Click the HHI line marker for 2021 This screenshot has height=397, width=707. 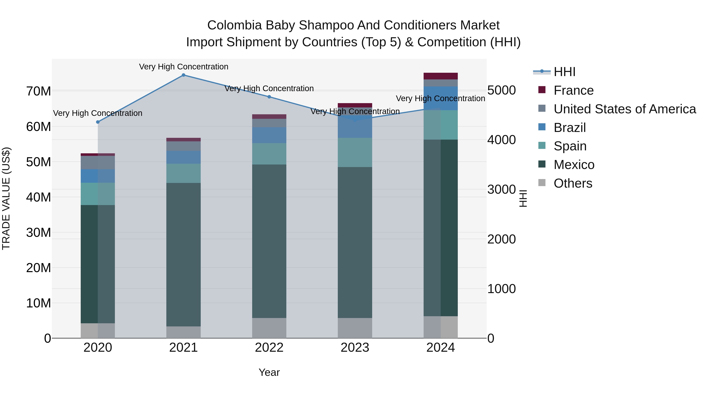coord(183,75)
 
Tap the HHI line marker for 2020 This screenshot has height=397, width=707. coord(98,122)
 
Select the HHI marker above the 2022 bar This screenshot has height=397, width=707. coord(269,97)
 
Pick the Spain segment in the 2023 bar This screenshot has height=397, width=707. coord(355,152)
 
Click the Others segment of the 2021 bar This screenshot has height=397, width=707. coord(183,332)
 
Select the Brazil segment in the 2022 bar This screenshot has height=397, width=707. coord(269,135)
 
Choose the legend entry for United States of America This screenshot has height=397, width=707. coord(625,109)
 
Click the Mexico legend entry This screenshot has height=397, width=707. coord(574,165)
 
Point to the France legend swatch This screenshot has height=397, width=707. coord(542,90)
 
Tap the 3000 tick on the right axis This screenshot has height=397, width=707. coord(501,190)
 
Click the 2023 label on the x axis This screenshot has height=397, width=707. coord(355,348)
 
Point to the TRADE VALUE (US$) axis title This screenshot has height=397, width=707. coord(6,198)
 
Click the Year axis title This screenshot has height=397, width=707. coord(269,372)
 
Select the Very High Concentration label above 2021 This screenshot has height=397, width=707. coord(183,67)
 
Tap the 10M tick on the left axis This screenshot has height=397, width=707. coord(38,303)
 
